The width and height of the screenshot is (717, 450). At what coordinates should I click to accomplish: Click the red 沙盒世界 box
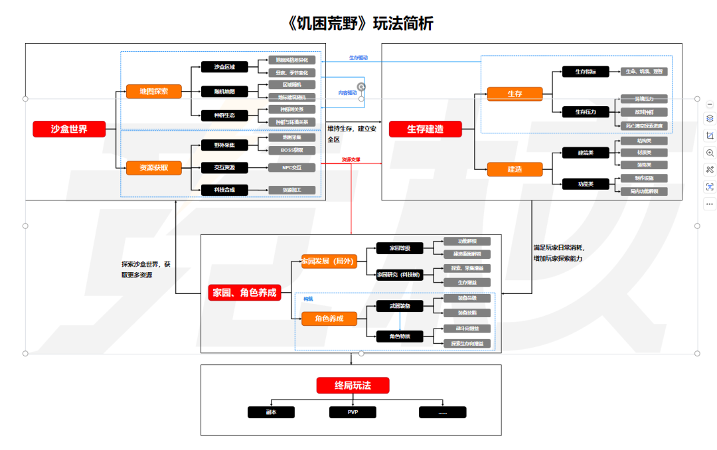coord(69,129)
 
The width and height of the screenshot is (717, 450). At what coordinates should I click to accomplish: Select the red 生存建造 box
coord(425,129)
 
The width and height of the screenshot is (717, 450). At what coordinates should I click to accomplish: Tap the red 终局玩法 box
coord(353,385)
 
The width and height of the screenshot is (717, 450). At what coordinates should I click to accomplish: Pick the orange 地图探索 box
coord(153,91)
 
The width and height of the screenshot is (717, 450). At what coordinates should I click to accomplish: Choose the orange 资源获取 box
coord(153,168)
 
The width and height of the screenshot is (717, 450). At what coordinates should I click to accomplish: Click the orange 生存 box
coord(515,94)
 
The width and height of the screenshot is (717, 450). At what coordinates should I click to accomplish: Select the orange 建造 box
coord(515,169)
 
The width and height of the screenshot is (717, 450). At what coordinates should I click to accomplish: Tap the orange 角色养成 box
coord(329,319)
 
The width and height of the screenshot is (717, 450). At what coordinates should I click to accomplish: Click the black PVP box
coord(353,412)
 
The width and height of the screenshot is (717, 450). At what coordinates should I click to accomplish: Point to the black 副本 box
coord(271,412)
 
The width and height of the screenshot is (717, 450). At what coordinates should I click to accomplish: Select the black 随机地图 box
coord(224,91)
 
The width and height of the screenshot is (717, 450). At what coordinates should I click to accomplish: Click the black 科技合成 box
coord(224,190)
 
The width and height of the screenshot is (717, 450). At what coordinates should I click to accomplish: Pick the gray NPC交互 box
coord(291,167)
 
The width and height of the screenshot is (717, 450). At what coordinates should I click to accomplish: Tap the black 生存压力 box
coord(586,112)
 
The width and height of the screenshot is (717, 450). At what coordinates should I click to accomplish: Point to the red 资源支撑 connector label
coord(351,160)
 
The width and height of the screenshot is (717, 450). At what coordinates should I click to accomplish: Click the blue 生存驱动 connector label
coord(358,58)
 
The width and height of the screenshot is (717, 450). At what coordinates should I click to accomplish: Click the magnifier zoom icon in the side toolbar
coord(710,153)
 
